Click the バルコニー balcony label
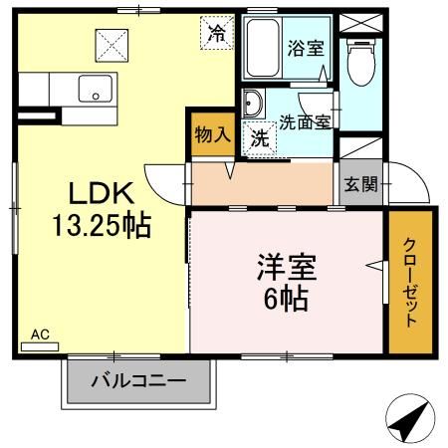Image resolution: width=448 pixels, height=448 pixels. (x=139, y=380)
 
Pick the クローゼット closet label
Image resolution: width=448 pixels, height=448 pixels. (x=410, y=284)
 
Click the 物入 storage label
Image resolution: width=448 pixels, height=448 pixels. (x=211, y=133)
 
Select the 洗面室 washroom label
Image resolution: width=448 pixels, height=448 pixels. (x=305, y=120)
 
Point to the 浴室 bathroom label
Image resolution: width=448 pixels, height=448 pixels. (x=305, y=47)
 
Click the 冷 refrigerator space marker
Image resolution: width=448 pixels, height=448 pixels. (x=217, y=32)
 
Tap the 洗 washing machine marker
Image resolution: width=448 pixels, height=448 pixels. (x=259, y=139)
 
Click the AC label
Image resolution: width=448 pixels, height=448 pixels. (x=40, y=336)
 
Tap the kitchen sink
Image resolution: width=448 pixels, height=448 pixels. (x=97, y=90)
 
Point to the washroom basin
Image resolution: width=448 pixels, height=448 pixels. (x=253, y=105)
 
